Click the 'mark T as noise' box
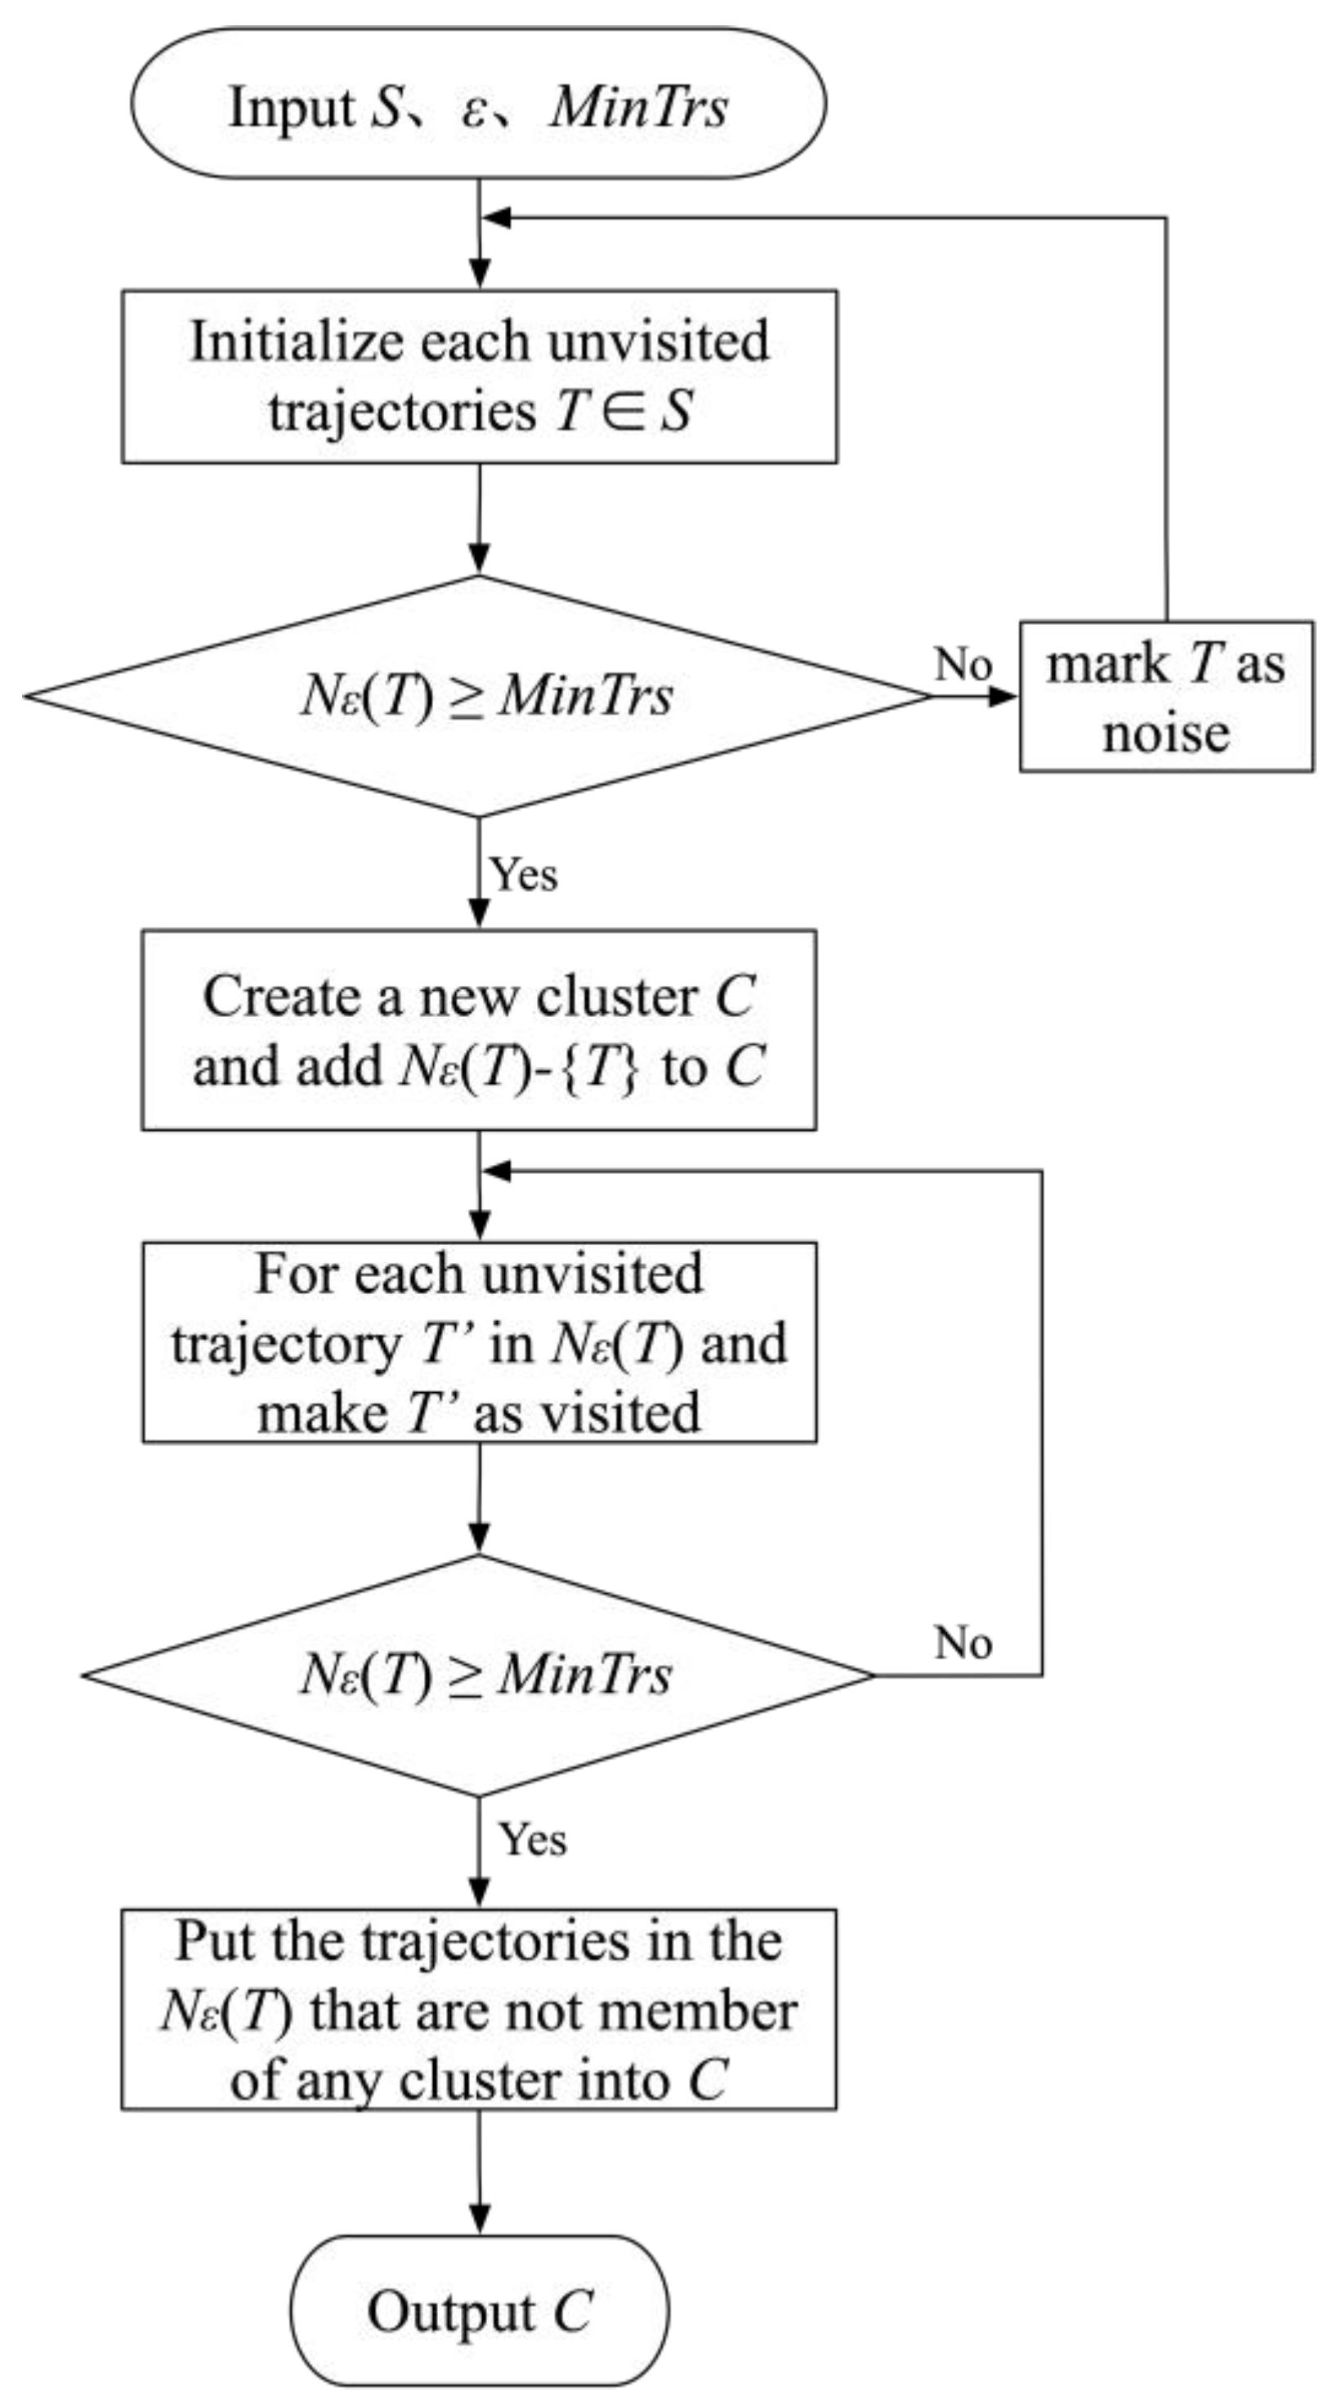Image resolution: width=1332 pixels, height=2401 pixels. point(1165,696)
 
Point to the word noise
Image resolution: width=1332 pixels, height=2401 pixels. point(1165,733)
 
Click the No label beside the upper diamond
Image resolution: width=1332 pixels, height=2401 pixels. point(962,664)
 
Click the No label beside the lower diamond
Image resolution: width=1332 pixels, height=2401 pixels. point(962,1642)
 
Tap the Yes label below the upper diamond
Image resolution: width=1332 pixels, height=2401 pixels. point(524,874)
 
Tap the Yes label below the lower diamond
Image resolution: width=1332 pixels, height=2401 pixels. point(532,1840)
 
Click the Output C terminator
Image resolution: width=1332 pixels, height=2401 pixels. point(479,2311)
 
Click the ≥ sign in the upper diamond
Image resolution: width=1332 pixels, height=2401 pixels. point(465,697)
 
